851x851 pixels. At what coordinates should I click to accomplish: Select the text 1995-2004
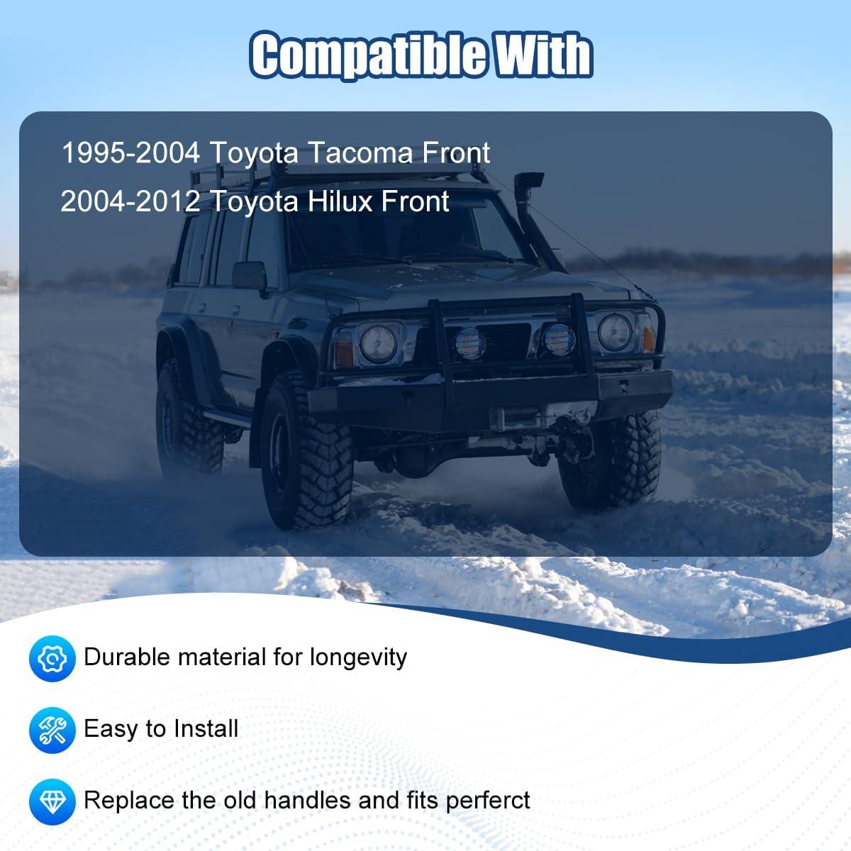coord(130,152)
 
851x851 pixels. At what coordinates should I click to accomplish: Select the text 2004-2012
coord(130,201)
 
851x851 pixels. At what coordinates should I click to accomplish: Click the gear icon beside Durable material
coord(52,659)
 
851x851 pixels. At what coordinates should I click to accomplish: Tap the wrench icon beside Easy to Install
coord(52,730)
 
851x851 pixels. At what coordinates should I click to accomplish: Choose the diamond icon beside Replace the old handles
coord(52,801)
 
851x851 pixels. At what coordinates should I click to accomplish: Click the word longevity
coord(358,658)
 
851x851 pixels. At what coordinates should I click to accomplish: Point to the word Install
coord(206,729)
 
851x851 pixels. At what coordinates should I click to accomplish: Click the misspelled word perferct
coord(487,801)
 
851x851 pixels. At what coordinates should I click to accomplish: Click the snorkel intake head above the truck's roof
coord(528,183)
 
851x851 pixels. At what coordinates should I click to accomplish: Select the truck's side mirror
coord(249,276)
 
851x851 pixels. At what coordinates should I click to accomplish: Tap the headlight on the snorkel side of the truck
coord(615,332)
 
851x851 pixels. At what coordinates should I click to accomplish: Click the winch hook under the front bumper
coord(584,415)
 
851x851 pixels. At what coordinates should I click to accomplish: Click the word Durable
coord(127,657)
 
